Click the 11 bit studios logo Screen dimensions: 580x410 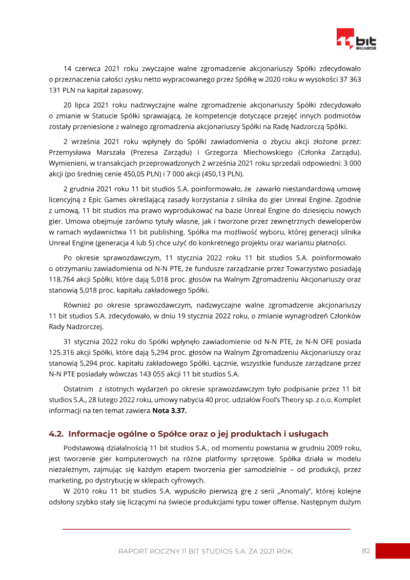(x=356, y=39)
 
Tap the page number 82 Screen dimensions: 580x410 (x=366, y=551)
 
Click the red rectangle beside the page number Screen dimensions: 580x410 (x=393, y=551)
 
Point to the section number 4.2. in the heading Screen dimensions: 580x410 (x=56, y=434)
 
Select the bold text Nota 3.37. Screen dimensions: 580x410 (x=169, y=411)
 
